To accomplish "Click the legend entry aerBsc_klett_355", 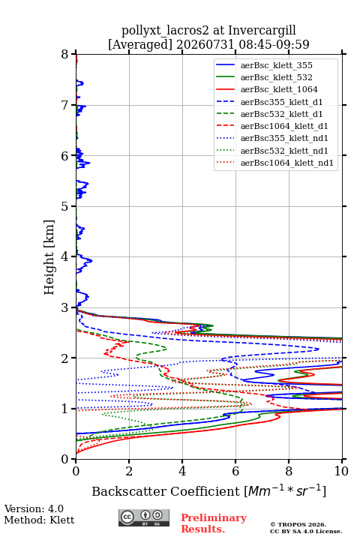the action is [x=276, y=65].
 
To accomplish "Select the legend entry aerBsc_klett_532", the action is [x=276, y=77].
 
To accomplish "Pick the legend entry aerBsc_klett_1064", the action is [x=279, y=89].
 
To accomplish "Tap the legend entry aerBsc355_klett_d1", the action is [x=281, y=102].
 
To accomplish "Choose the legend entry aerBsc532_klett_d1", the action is [x=281, y=114].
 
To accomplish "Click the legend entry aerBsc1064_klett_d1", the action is [x=284, y=126].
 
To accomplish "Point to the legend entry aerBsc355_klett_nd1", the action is [x=284, y=138].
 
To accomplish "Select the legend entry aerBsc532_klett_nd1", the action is [x=284, y=151].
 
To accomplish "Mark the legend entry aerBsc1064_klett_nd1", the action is [x=287, y=163].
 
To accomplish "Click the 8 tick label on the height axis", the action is [x=65, y=55].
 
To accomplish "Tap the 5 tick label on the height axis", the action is [x=65, y=206].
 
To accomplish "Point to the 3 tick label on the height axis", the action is [x=65, y=307].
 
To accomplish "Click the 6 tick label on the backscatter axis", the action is [x=235, y=471].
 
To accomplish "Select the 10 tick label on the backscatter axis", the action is [x=341, y=471].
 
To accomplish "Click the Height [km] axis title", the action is [x=49, y=257].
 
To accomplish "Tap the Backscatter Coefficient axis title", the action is [x=208, y=491].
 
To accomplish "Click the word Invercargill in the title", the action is [x=262, y=30].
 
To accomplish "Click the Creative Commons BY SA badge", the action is [x=144, y=517].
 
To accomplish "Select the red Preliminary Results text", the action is [x=214, y=523].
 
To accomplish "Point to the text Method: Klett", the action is [x=39, y=520].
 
